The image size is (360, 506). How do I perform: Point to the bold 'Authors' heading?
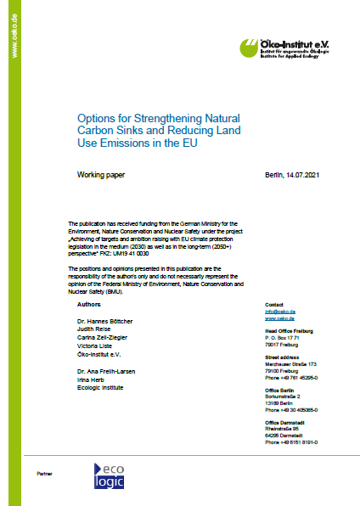pos(89,303)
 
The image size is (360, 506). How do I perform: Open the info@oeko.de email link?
pos(278,311)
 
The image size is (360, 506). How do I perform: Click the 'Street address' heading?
pos(283,359)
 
